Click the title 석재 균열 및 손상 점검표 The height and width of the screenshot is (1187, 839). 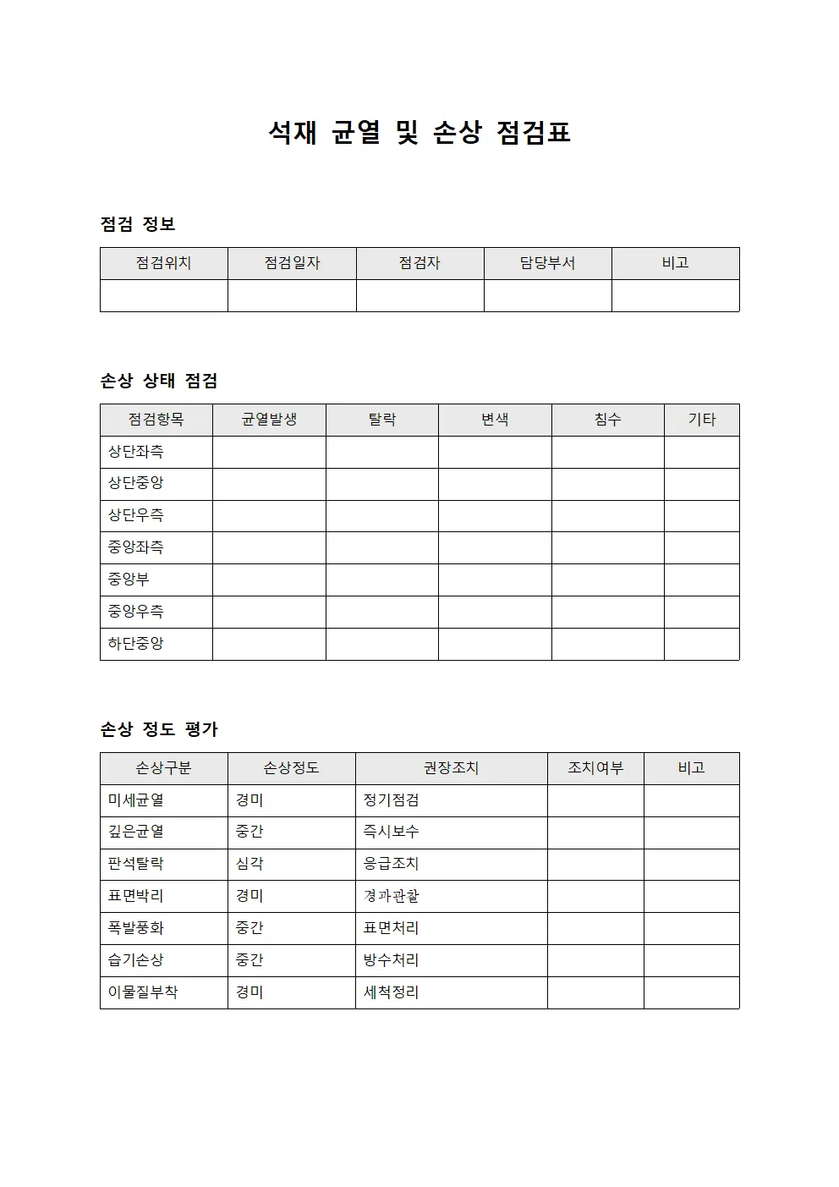(419, 132)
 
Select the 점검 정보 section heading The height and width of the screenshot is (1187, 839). (138, 224)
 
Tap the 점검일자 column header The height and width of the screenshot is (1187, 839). (292, 263)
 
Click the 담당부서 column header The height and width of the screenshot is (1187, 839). (547, 263)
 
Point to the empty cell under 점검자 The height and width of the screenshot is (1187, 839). (419, 296)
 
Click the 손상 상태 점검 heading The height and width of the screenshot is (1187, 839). (159, 381)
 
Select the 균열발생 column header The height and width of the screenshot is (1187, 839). (269, 420)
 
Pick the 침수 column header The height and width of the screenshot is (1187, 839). (607, 420)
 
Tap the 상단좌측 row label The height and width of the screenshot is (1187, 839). (136, 452)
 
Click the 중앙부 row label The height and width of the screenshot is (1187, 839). (129, 580)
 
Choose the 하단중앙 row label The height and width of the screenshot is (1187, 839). (136, 644)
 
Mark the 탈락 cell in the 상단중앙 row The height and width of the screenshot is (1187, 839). (381, 484)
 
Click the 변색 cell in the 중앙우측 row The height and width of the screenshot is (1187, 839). (495, 612)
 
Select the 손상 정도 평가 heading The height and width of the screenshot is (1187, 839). (159, 729)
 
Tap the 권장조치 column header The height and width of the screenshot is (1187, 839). (451, 768)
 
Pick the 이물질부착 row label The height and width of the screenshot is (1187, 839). (143, 992)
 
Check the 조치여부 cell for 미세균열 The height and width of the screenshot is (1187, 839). (595, 800)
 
